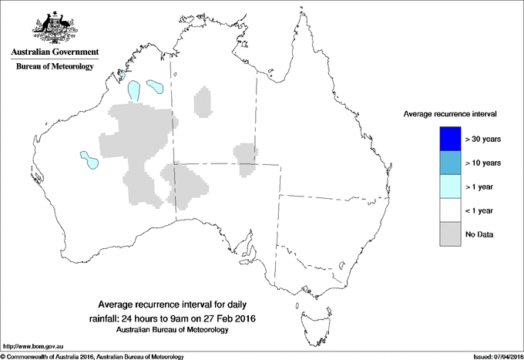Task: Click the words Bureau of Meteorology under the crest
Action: [54, 67]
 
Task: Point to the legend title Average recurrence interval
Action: [449, 113]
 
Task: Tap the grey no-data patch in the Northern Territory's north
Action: [203, 101]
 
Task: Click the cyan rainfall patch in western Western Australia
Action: [89, 160]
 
